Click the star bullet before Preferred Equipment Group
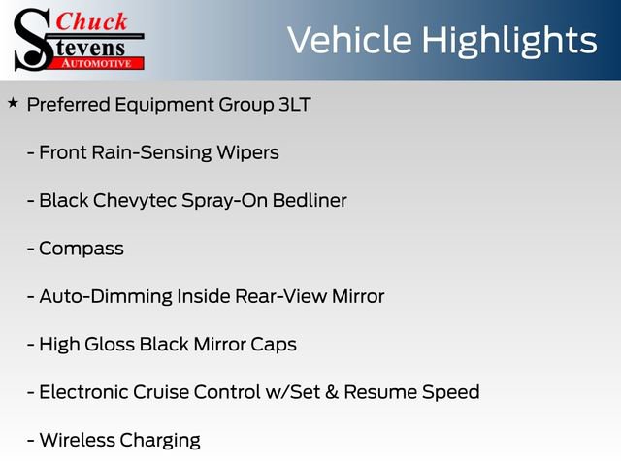pyautogui.click(x=12, y=102)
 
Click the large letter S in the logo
pyautogui.click(x=32, y=39)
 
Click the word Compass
pyautogui.click(x=82, y=249)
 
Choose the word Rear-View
pyautogui.click(x=279, y=296)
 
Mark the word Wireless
pyautogui.click(x=77, y=440)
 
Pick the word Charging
pyautogui.click(x=160, y=441)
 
